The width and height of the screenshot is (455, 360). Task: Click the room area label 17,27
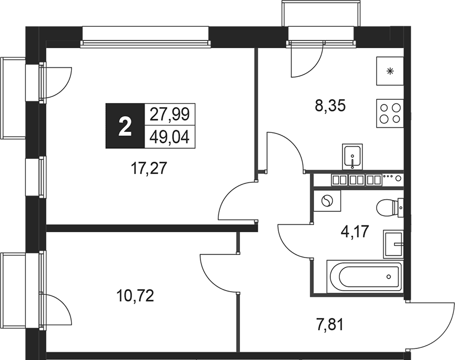click(149, 168)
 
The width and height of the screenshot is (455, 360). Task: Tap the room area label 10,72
click(135, 296)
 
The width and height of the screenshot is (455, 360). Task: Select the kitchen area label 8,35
click(330, 106)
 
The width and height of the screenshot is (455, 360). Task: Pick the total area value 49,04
click(169, 137)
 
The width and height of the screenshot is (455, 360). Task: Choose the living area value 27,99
click(169, 114)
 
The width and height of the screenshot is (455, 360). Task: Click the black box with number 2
click(125, 126)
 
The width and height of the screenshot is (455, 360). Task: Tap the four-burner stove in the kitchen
click(390, 114)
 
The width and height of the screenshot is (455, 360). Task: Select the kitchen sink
click(352, 157)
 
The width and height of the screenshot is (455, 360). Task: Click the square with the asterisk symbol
click(390, 71)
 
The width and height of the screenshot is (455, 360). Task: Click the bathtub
click(365, 276)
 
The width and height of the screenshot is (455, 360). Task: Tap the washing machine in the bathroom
click(327, 201)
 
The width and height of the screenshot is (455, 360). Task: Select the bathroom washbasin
click(393, 244)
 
